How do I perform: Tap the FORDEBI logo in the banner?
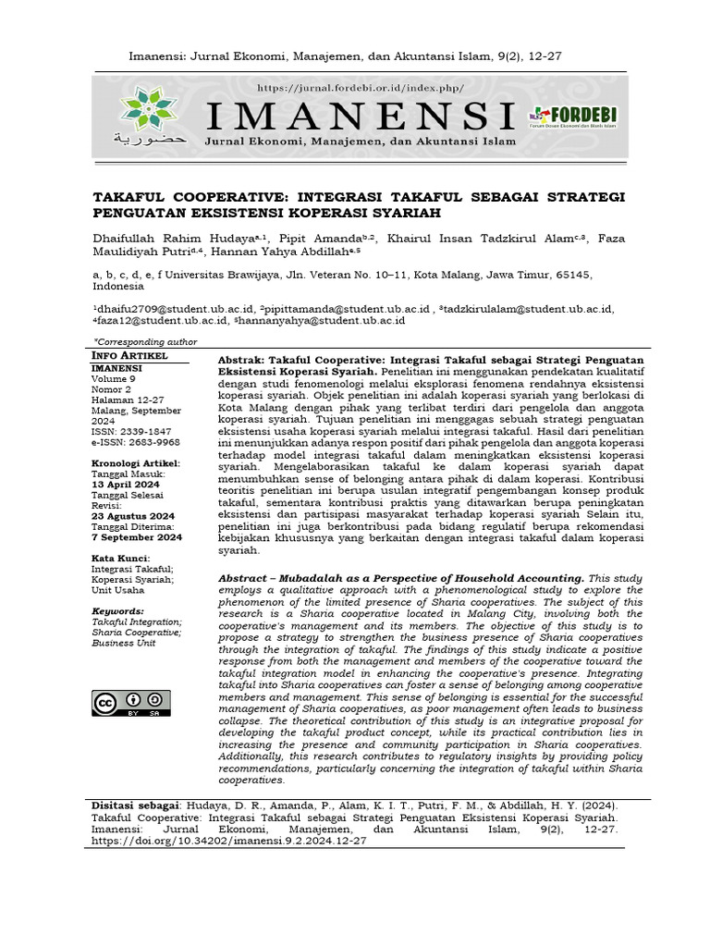point(572,115)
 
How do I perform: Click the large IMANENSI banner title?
point(361,116)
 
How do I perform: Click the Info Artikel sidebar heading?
point(129,355)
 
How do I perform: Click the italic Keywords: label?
point(118,611)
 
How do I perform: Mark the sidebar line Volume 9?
point(114,378)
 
